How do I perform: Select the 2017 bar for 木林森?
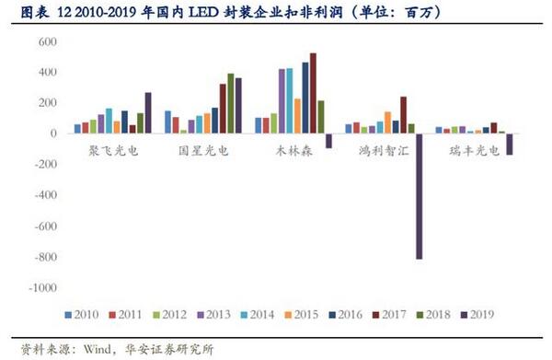(x=313, y=93)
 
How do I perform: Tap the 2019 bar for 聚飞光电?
(x=148, y=112)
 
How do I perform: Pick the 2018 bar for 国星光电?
(x=231, y=103)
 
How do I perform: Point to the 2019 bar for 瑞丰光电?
(x=509, y=144)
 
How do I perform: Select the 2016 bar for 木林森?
(x=305, y=98)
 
